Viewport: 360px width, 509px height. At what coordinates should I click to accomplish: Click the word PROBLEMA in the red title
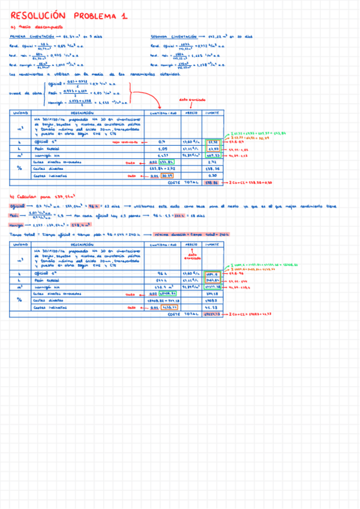click(91, 17)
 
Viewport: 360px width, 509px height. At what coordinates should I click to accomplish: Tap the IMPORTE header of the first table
click(212, 113)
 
